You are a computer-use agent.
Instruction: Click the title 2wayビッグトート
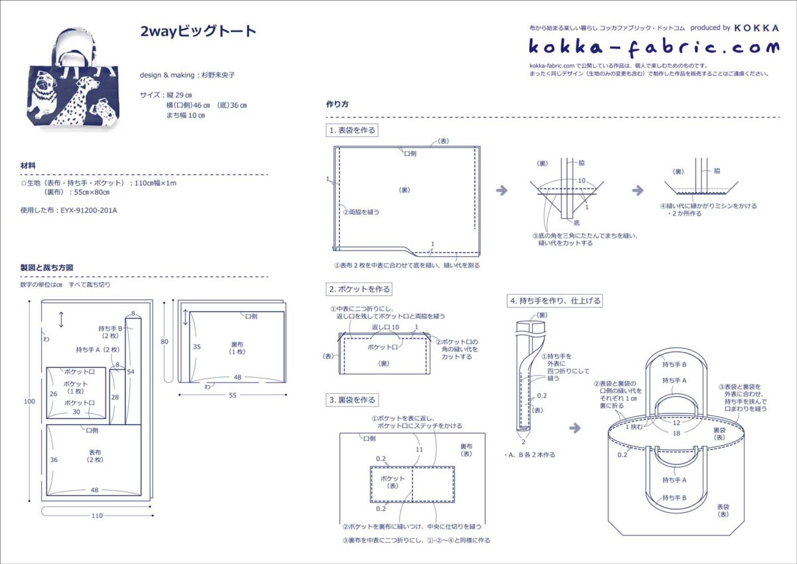pyautogui.click(x=198, y=31)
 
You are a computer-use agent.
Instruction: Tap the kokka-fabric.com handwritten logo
pyautogui.click(x=654, y=48)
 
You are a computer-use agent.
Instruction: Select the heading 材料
pyautogui.click(x=28, y=166)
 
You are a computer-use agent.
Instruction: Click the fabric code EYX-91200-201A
pyautogui.click(x=88, y=210)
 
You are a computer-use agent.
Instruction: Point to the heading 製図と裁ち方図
pyautogui.click(x=46, y=267)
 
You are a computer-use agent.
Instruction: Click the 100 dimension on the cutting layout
pyautogui.click(x=29, y=402)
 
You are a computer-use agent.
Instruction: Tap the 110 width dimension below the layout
pyautogui.click(x=97, y=515)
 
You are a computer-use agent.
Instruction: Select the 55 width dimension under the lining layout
pyautogui.click(x=232, y=395)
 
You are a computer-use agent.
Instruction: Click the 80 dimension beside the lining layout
pyautogui.click(x=165, y=342)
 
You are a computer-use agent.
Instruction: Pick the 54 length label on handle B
pyautogui.click(x=131, y=372)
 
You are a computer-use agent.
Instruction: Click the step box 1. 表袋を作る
pyautogui.click(x=352, y=130)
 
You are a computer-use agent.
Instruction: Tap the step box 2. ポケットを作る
pyautogui.click(x=359, y=289)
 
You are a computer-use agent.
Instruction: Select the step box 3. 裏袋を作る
pyautogui.click(x=352, y=400)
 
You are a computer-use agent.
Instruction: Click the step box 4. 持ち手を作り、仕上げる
pyautogui.click(x=555, y=301)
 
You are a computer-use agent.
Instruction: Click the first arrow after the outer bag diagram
pyautogui.click(x=501, y=190)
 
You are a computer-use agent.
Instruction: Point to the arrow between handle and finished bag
pyautogui.click(x=575, y=428)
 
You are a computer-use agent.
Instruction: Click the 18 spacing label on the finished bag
pyautogui.click(x=676, y=433)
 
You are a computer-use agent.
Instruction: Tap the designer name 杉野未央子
pyautogui.click(x=218, y=75)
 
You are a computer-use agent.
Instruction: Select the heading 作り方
pyautogui.click(x=337, y=104)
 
